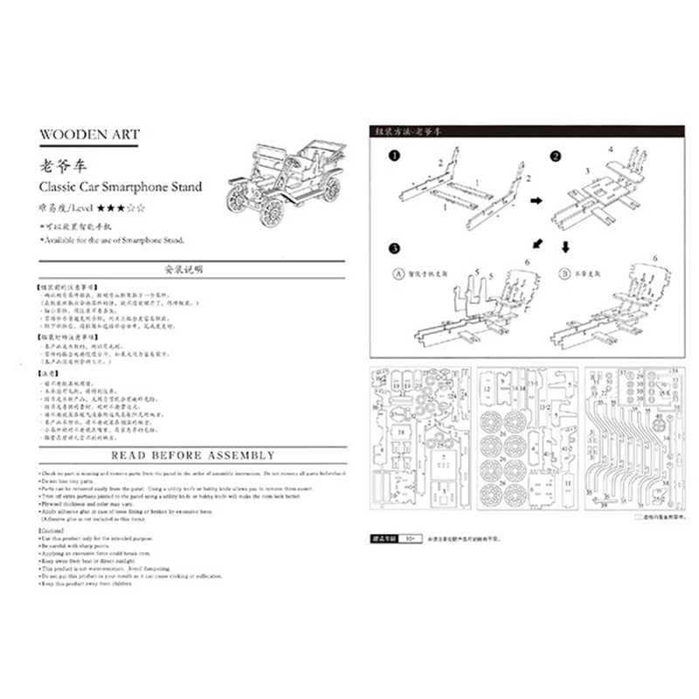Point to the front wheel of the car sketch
pos(273,211)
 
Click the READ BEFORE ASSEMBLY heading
pos(192,455)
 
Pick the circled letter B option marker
pos(565,272)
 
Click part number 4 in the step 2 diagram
pos(611,149)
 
